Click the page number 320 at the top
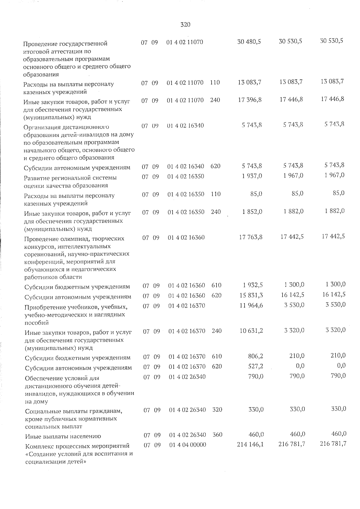(185, 25)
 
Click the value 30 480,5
(249, 42)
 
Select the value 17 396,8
(250, 100)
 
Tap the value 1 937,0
(252, 176)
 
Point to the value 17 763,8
(251, 237)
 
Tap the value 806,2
(256, 356)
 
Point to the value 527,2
(256, 366)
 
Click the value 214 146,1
(250, 444)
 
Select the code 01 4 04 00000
(187, 445)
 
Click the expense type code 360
(217, 434)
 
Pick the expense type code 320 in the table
(217, 409)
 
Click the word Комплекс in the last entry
(38, 446)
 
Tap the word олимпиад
(73, 239)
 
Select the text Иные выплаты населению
(63, 436)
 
